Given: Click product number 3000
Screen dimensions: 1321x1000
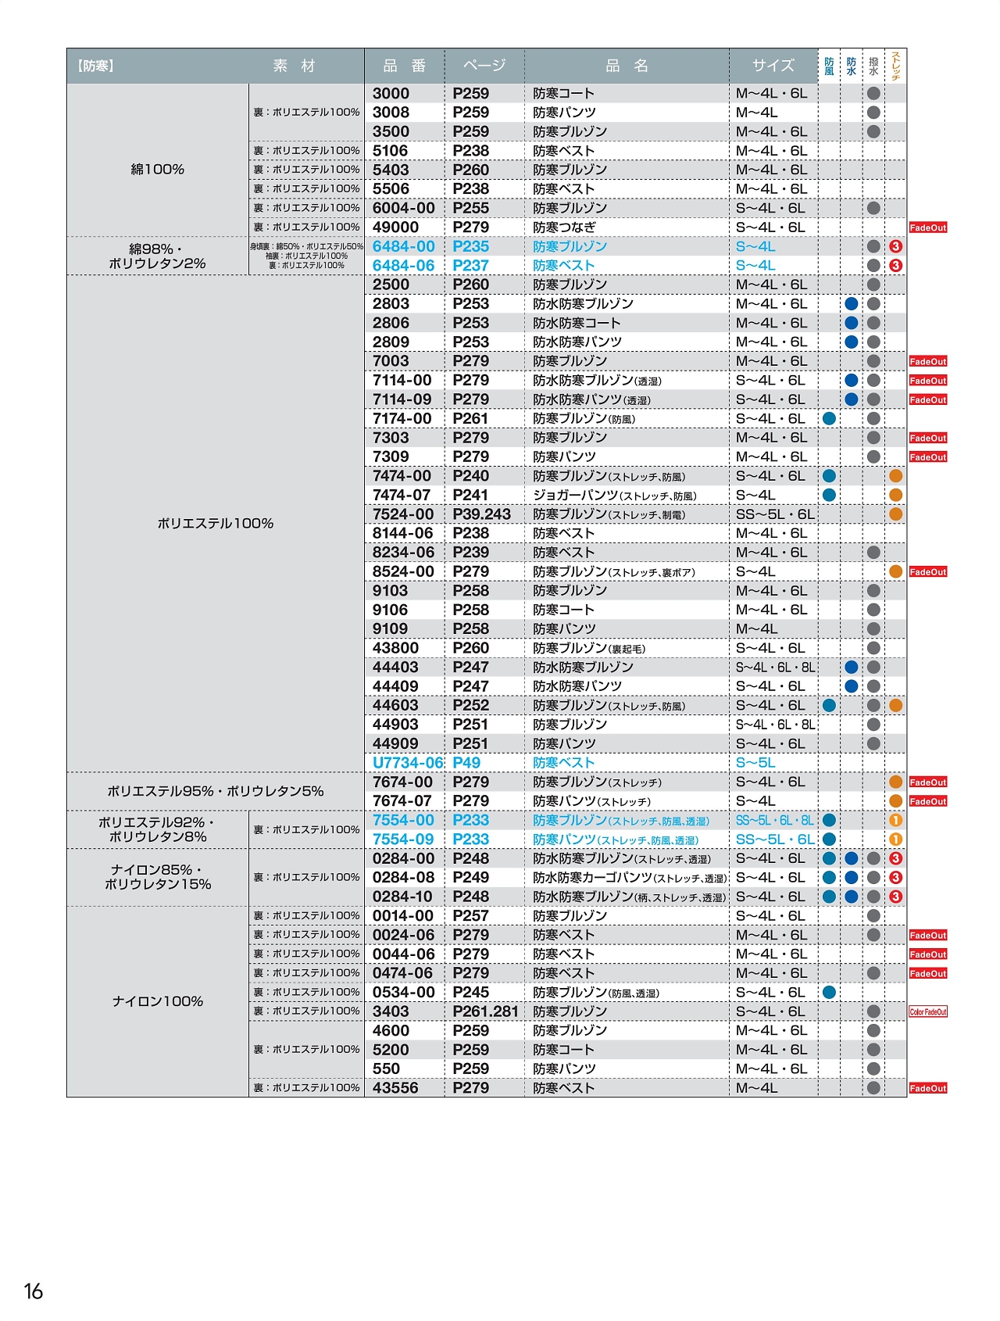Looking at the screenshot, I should [x=391, y=94].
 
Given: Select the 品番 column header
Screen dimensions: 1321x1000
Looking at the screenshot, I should [x=404, y=66].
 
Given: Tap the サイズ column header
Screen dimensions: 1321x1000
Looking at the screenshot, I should [x=773, y=66].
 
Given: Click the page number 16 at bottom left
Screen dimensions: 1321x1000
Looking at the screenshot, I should [x=34, y=1291].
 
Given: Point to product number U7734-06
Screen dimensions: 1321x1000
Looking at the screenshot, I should [x=407, y=763].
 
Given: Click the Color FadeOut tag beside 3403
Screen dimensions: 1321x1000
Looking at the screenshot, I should [x=927, y=1011].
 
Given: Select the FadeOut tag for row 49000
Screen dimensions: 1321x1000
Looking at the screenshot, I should [x=927, y=227].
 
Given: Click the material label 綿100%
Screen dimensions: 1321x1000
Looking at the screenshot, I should [x=157, y=170].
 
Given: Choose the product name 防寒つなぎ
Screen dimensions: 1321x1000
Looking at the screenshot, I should [x=564, y=227].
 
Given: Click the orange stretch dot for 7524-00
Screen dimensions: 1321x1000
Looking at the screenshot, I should [x=895, y=514].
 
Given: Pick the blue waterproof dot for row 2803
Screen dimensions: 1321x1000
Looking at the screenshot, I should [x=851, y=304].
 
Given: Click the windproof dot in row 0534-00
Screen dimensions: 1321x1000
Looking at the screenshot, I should [x=829, y=993].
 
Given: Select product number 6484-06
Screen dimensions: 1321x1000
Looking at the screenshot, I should [x=403, y=266].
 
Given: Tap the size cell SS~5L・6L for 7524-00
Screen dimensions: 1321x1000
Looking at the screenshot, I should [x=774, y=514].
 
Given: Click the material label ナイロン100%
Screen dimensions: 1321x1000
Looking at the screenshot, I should [x=157, y=1001].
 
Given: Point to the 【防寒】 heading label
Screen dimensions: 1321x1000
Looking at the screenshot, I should [x=96, y=66].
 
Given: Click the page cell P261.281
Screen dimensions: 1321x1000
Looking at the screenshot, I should [x=485, y=1011].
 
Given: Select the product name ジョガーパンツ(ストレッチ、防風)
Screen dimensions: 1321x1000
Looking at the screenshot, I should [x=614, y=496].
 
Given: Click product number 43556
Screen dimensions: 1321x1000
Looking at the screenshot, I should [x=395, y=1088].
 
